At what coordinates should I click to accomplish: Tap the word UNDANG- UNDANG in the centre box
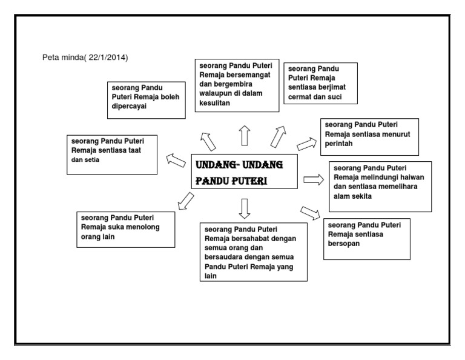[x=239, y=165]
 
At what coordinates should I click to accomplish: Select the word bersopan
[x=345, y=244]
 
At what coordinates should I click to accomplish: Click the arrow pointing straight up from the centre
[x=244, y=135]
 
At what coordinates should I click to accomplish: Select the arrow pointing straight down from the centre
[x=244, y=207]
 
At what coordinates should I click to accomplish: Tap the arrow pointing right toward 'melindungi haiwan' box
[x=314, y=179]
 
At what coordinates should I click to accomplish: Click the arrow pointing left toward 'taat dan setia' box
[x=176, y=161]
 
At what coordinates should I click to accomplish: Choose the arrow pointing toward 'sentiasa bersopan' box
[x=310, y=212]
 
